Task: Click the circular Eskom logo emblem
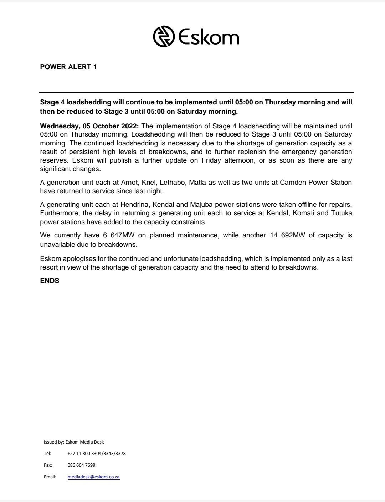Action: [x=164, y=36]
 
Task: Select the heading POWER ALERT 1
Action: [x=68, y=67]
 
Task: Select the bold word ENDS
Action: [x=50, y=281]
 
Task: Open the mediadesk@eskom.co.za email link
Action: [x=93, y=477]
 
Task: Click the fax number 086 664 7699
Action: [x=81, y=465]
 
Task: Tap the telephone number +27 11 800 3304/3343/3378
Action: [x=96, y=454]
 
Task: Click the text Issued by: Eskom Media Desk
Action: [x=74, y=442]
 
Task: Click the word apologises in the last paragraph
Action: [x=82, y=258]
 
